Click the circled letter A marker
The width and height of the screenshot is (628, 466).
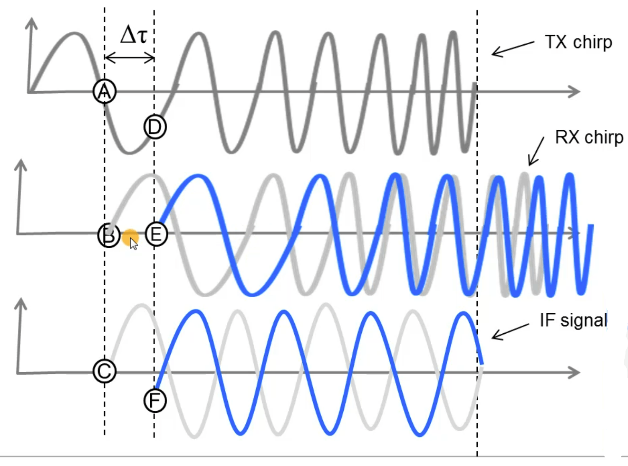[x=104, y=91]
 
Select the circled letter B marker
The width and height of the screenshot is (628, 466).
[x=108, y=235]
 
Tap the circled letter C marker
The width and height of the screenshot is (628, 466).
[x=104, y=371]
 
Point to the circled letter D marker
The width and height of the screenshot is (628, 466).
[x=155, y=127]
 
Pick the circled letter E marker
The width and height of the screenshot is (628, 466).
[x=156, y=234]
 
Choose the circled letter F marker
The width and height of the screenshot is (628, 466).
[x=155, y=401]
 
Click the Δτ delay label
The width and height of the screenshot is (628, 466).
[x=134, y=35]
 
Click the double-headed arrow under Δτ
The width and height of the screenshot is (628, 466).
[x=129, y=58]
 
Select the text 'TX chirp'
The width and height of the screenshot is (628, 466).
[x=578, y=42]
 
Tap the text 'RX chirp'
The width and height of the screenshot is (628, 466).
[x=589, y=137]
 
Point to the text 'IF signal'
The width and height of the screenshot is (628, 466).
[x=573, y=320]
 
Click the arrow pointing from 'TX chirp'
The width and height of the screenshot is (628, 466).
[x=512, y=48]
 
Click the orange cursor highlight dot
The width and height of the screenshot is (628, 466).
[x=130, y=237]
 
